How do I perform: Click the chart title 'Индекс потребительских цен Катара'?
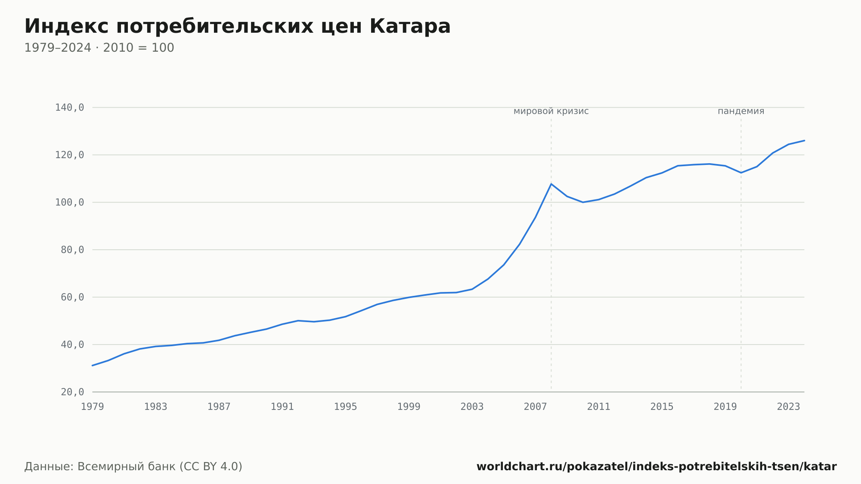237,26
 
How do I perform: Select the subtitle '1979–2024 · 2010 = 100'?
99,48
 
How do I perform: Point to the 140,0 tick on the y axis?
69,108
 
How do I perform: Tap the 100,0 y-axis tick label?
69,202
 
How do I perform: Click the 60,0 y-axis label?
72,297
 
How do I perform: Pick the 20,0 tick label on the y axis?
72,392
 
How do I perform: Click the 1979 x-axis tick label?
93,407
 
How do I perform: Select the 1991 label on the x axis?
282,407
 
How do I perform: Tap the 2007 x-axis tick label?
536,407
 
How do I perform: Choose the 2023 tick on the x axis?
789,407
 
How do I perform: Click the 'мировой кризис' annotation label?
551,111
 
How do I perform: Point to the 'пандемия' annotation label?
741,111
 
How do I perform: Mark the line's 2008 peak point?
551,184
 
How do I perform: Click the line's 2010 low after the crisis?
583,202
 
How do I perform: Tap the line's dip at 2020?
741,173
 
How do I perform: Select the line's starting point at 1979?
93,366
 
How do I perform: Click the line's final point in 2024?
804,140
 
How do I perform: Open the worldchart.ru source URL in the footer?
657,467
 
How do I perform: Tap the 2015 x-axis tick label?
662,407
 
